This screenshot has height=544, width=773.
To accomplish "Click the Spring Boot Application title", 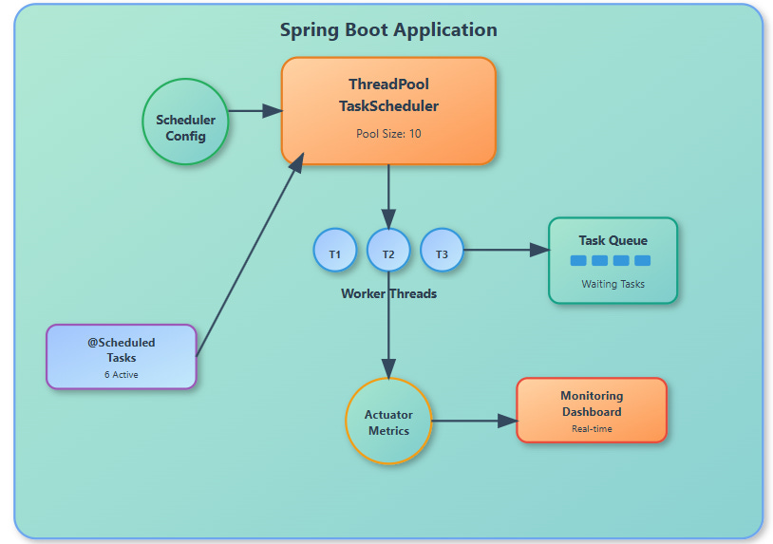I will [387, 30].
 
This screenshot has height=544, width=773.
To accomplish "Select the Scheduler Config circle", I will [185, 122].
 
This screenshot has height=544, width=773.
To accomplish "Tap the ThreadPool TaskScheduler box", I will [388, 109].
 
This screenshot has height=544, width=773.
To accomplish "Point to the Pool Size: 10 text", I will [388, 134].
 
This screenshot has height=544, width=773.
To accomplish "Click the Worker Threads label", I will [388, 293].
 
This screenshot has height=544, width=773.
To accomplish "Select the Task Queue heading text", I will [613, 240].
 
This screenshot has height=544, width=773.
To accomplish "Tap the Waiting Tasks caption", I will [613, 284].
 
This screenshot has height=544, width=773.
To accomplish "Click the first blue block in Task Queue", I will [578, 260].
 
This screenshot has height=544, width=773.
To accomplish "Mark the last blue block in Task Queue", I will [643, 260].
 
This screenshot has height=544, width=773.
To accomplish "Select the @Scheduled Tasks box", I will [122, 356].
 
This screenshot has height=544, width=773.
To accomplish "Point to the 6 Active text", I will [121, 375].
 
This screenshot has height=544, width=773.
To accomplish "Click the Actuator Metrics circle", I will [388, 422].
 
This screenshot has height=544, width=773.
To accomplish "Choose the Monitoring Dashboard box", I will [592, 410].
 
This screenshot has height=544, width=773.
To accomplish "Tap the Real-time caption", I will [592, 429].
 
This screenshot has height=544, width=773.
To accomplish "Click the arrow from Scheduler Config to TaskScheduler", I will [255, 110].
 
